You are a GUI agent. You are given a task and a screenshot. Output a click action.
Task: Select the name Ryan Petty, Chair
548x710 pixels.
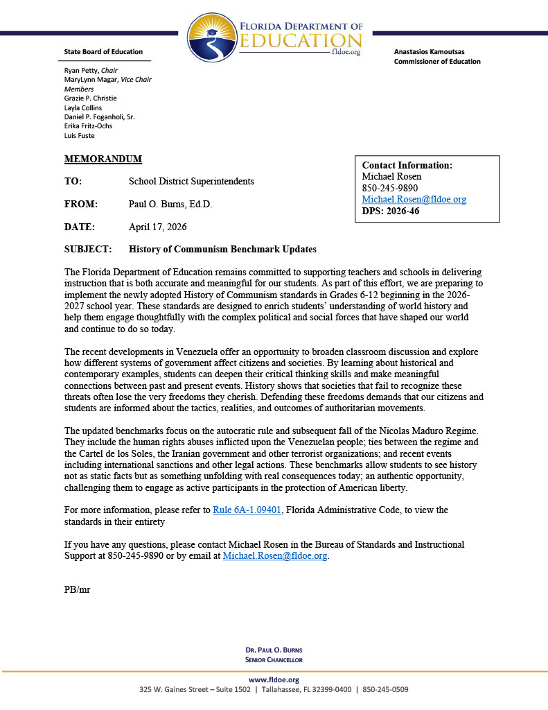[91, 70]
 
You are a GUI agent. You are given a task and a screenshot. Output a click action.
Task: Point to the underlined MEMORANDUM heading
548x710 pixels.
[103, 159]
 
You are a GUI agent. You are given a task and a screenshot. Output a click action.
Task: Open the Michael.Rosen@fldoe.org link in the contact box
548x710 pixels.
[414, 199]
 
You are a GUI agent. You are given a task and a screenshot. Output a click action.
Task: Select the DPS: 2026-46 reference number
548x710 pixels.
[391, 211]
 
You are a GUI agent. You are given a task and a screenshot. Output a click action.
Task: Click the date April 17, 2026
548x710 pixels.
[157, 227]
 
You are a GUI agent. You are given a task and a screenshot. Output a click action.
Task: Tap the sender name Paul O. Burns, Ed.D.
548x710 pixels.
[170, 204]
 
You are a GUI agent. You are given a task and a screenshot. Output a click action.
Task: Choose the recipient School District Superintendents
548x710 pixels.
[191, 181]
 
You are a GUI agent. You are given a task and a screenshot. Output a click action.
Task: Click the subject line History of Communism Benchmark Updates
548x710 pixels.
[222, 249]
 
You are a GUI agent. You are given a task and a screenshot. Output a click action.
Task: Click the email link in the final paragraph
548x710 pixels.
[274, 555]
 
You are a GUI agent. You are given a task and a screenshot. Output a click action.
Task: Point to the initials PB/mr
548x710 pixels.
[77, 589]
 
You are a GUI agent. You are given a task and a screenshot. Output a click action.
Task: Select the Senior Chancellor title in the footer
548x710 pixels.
[274, 659]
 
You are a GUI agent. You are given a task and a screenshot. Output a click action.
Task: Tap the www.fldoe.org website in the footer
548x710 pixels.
[274, 679]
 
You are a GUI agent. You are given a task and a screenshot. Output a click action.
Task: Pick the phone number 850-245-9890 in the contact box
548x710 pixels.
[390, 188]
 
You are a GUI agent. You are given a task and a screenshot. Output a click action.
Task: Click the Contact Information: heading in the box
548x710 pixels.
[407, 165]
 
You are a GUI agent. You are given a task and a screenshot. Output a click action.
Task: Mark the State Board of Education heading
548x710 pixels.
[103, 52]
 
